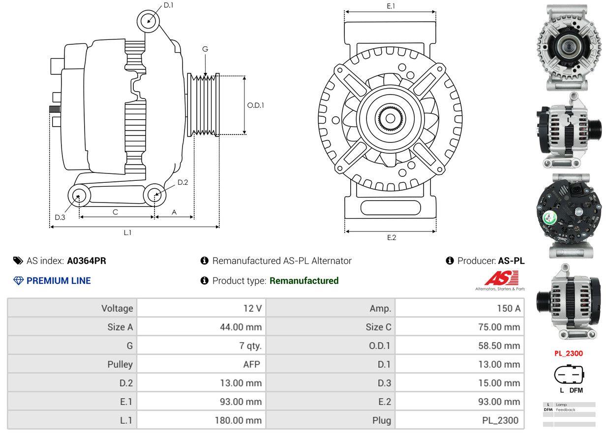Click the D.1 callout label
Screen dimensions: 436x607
tap(168, 5)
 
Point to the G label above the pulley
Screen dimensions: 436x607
tap(205, 49)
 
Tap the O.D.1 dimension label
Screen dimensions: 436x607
tap(255, 105)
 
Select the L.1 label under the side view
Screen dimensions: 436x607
tap(127, 233)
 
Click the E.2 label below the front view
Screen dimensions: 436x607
tap(392, 238)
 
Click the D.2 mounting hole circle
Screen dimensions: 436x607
tap(155, 195)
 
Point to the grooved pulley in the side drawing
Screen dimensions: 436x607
tap(203, 104)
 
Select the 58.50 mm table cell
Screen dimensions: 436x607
tap(499, 346)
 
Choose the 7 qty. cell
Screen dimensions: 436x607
tap(250, 346)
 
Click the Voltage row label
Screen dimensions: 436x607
tap(117, 309)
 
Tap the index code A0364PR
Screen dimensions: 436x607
tap(87, 261)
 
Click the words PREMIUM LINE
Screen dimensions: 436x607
tap(59, 281)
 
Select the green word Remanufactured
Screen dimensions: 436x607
tap(304, 281)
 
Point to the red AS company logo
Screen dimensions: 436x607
tap(498, 279)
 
